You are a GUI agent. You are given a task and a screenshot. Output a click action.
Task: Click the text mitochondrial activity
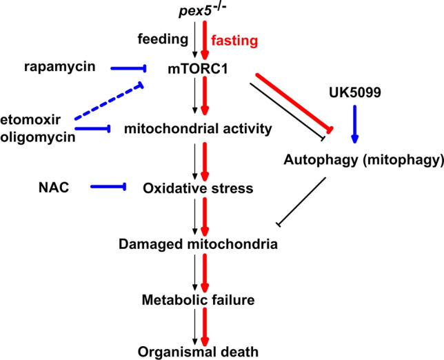(x=197, y=128)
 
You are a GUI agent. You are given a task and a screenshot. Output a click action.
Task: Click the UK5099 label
(x=355, y=91)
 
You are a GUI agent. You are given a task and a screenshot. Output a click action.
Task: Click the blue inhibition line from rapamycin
(x=121, y=68)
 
